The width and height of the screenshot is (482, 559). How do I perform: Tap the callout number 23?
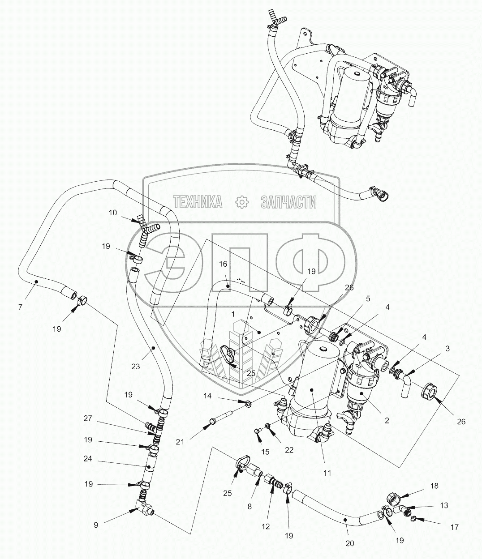point(136,366)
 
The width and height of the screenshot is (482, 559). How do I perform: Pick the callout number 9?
point(95,525)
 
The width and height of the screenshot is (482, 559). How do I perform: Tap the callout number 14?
point(207,396)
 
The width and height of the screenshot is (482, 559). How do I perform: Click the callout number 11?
point(327,472)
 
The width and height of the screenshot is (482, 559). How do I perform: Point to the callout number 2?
point(387,420)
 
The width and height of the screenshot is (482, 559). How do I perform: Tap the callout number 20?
point(349,543)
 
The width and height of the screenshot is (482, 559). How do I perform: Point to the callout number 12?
point(266,526)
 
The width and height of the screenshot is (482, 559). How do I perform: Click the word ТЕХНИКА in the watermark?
point(198,202)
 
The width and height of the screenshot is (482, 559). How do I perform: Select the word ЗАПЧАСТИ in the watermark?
point(288,202)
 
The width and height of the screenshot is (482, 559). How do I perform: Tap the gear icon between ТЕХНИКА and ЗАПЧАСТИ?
point(241,202)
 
